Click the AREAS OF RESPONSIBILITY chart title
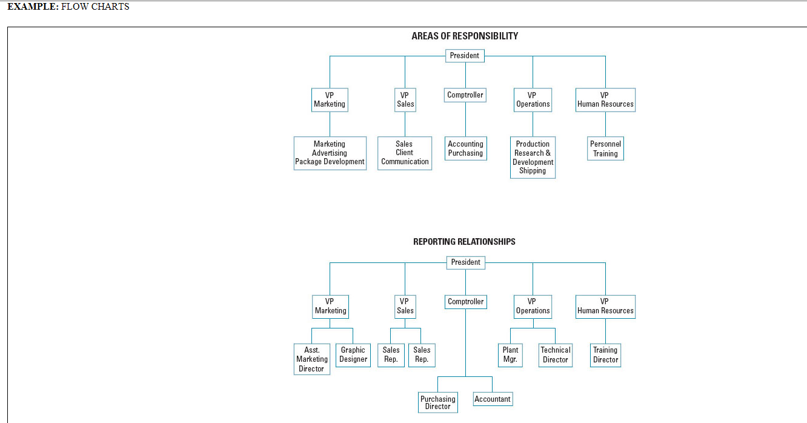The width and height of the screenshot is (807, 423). click(x=465, y=36)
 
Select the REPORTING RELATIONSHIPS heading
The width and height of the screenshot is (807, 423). click(x=464, y=242)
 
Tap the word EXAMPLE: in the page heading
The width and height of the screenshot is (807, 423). click(x=33, y=7)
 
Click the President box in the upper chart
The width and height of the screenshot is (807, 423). click(x=465, y=56)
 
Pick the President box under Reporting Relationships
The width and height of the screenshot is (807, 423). click(x=465, y=262)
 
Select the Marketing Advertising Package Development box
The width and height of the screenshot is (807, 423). click(x=330, y=153)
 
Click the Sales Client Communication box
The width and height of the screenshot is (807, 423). click(x=405, y=153)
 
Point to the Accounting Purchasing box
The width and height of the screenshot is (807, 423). click(x=465, y=148)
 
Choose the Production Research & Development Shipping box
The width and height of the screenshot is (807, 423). click(x=533, y=158)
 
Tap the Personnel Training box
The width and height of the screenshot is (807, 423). click(x=605, y=148)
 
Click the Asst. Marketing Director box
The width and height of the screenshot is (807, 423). click(x=311, y=359)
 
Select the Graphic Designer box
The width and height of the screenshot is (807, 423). click(x=353, y=355)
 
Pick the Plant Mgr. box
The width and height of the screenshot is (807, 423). click(x=510, y=355)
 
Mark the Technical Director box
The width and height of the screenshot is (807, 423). click(x=555, y=355)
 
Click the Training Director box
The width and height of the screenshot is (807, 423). click(x=605, y=355)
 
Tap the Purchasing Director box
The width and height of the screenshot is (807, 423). click(x=437, y=402)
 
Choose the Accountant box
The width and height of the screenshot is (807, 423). click(x=493, y=399)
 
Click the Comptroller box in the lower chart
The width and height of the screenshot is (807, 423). click(x=465, y=302)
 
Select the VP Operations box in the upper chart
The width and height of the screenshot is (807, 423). click(x=533, y=100)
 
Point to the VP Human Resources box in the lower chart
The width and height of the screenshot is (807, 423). click(x=605, y=307)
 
